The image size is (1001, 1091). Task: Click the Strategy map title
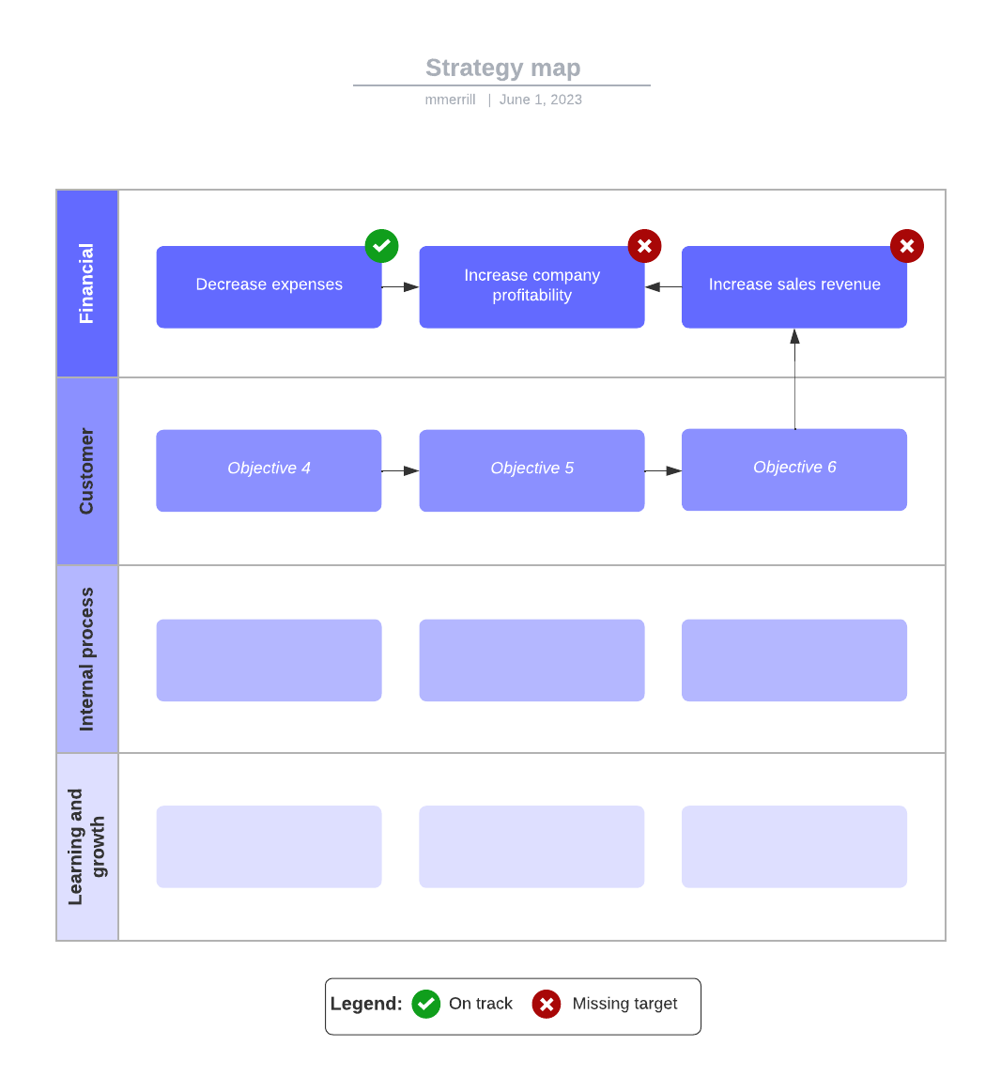pos(502,68)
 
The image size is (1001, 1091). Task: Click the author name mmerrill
pos(450,100)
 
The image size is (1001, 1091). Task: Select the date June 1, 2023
pos(541,100)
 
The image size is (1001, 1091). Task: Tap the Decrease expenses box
pos(269,287)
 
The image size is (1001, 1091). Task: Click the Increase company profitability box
pos(531,287)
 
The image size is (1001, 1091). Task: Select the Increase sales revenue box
pos(794,287)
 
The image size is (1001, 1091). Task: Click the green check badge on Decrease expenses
pos(381,246)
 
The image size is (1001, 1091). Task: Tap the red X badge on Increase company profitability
pos(644,246)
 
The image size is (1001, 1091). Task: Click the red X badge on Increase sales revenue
pos(907,246)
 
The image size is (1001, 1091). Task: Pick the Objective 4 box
pos(269,470)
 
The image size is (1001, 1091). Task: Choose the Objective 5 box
pos(531,470)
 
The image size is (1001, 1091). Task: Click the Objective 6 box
pos(794,469)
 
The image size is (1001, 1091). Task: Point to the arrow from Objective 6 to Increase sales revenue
pos(794,380)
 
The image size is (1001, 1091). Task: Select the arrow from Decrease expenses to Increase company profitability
pos(400,287)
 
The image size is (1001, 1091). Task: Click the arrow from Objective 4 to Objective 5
pos(400,470)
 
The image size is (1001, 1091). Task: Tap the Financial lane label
pos(87,284)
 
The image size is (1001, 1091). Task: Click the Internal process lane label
pos(87,659)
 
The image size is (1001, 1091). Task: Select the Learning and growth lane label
pos(87,847)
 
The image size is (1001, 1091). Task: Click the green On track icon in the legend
pos(426,1004)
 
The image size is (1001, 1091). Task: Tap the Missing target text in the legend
pos(624,1004)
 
